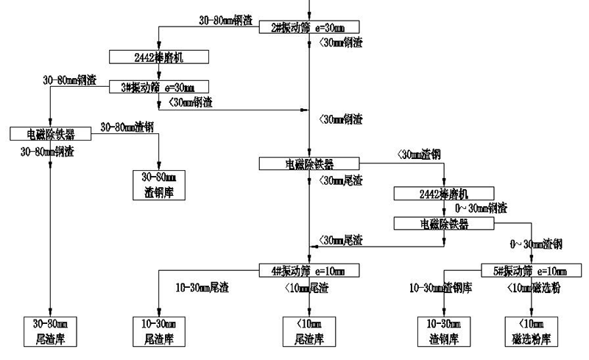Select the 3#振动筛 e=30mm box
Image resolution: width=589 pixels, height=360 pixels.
(159, 87)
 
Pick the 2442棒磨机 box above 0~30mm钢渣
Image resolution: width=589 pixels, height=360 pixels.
(443, 194)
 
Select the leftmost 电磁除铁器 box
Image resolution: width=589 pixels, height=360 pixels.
(50, 133)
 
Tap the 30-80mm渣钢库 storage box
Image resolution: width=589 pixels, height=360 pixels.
(159, 185)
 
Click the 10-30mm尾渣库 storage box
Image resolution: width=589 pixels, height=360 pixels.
(159, 333)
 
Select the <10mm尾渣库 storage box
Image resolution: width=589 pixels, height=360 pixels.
(308, 333)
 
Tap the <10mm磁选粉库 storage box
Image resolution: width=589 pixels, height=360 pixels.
(530, 333)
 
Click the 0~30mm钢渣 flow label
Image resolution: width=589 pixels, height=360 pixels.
(481, 208)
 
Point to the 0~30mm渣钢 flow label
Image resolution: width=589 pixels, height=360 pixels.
(537, 243)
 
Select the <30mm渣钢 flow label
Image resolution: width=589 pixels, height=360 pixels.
(418, 154)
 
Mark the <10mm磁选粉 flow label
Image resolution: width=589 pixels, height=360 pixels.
(534, 287)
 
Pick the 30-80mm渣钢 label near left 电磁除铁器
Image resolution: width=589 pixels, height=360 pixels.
(127, 127)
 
